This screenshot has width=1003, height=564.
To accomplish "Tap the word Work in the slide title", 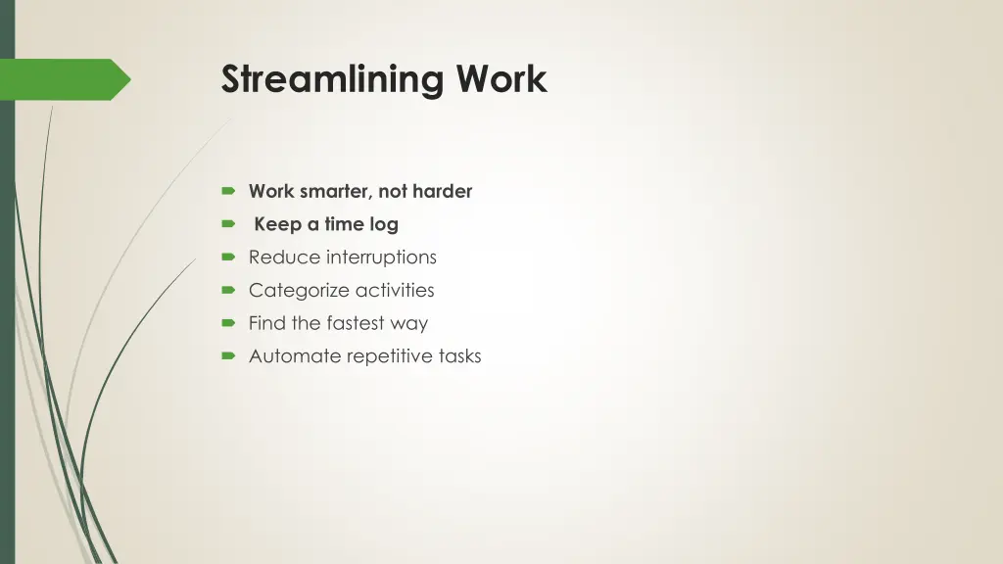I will pos(501,78).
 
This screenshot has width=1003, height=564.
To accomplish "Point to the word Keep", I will pos(277,225).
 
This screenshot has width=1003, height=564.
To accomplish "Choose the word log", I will pos(384,225).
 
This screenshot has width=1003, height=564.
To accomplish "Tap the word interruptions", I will pos(381,258).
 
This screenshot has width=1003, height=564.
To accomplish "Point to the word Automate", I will pos(291,356).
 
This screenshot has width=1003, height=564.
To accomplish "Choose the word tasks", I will pos(458,356).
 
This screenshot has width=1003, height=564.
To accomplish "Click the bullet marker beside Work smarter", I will pos(228,192).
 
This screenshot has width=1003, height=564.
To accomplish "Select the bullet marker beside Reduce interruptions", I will pos(228,258).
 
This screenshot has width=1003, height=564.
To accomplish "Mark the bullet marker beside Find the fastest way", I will pos(228,323).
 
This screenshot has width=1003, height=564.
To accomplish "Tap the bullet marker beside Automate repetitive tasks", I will pos(228,356).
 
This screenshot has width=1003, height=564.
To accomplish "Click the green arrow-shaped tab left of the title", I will pos(69,79).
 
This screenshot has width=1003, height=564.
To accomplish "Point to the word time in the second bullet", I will pos(345,225).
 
